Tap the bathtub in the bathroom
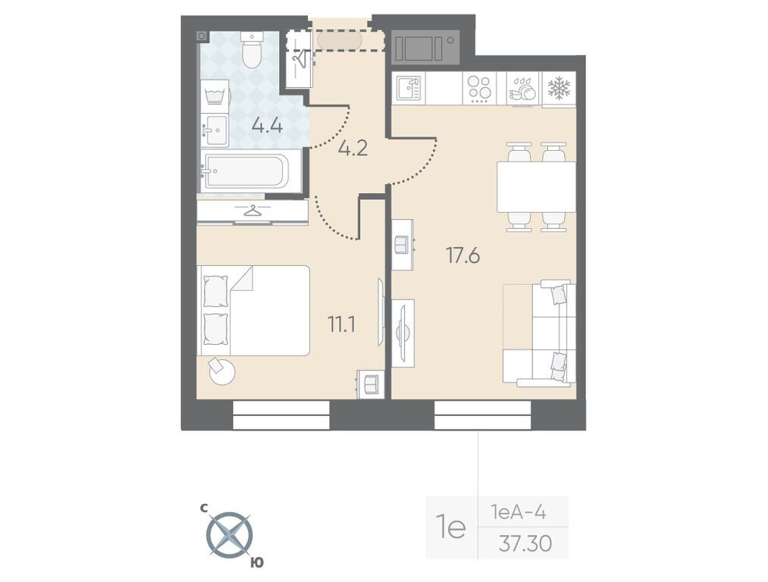coord(245,170)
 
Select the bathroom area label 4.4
coord(267,125)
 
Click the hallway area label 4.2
coord(353,147)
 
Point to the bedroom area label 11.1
coord(341,324)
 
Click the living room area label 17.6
coord(462,255)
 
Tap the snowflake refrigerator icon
coord(559,88)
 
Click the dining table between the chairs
coord(536,186)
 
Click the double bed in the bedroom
coord(254,310)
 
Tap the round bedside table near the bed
coord(221,371)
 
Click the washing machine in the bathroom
coord(215,96)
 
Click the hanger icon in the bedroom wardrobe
coord(252,211)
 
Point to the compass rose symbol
coord(230,534)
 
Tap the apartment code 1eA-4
coord(519,513)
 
